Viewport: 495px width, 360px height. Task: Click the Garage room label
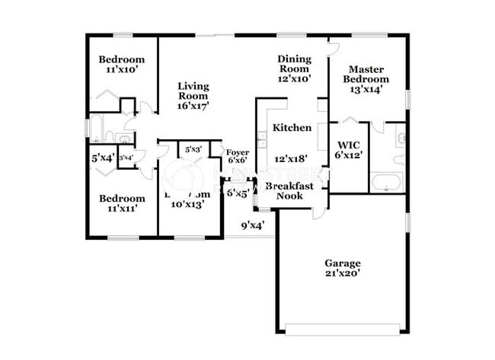pos(343,263)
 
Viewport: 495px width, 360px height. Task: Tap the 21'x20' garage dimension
pos(343,275)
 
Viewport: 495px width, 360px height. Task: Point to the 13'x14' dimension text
pos(366,89)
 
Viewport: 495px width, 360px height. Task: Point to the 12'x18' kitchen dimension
pos(289,159)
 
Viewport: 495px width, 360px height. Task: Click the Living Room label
pos(193,91)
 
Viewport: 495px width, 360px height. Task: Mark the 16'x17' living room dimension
pos(193,106)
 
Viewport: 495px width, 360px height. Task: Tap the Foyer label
pos(238,152)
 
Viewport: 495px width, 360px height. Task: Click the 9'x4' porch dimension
pos(252,225)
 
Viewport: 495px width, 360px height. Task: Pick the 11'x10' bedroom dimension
pos(122,71)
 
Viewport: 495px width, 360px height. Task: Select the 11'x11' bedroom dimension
pos(122,209)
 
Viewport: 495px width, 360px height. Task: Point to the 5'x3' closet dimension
pos(193,149)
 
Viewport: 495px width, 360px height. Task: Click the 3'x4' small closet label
pos(126,158)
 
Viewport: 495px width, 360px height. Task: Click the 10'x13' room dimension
pos(187,204)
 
